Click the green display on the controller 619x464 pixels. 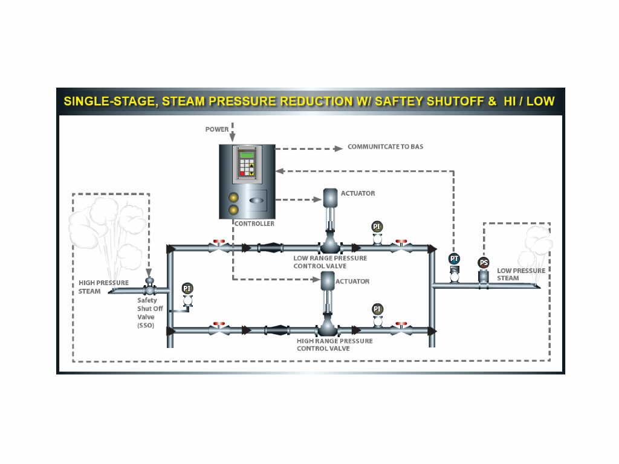247,155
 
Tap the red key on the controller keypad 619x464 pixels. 242,173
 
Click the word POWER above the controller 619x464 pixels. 217,129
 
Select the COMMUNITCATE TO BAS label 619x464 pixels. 385,147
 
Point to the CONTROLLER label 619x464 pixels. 254,224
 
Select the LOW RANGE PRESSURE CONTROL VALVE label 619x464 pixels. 330,262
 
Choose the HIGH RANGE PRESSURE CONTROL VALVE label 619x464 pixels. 335,344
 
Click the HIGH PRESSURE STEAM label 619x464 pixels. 103,287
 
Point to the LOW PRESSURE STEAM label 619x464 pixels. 521,274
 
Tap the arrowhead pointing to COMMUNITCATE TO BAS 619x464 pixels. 339,149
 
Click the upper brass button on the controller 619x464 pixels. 233,198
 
